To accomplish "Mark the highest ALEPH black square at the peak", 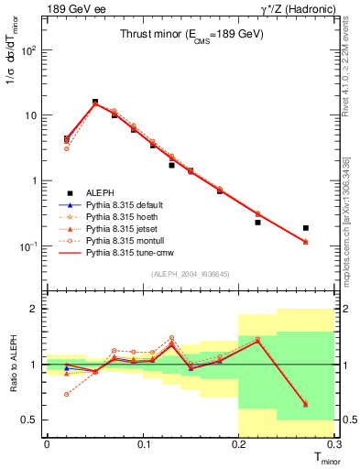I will (95, 102).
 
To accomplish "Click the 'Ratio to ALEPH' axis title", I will (13, 365).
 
